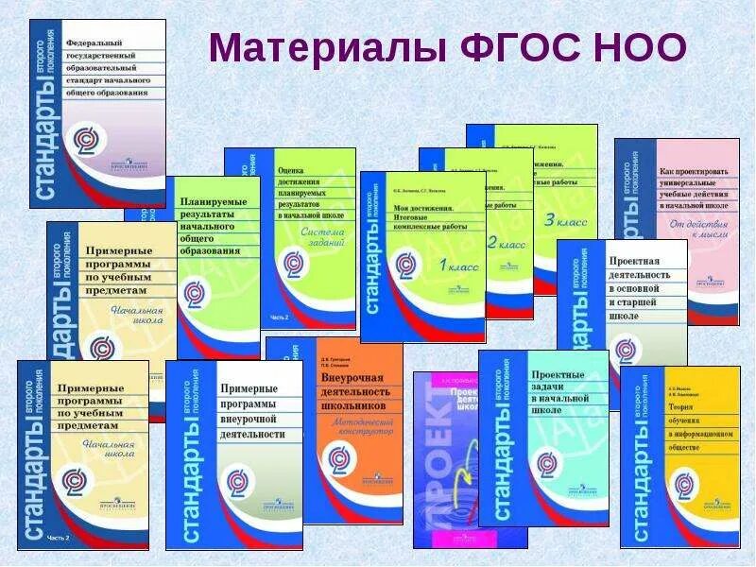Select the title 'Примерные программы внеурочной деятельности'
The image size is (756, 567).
point(251,411)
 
